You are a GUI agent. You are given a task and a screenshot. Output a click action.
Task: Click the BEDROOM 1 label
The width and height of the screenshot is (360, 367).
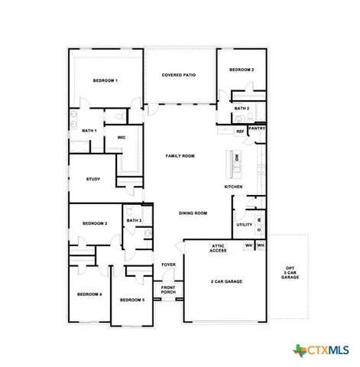105,80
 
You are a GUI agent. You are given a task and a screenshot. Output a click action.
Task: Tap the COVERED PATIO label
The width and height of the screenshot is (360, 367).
179,75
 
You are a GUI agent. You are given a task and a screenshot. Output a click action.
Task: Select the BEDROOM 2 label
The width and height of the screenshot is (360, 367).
242,70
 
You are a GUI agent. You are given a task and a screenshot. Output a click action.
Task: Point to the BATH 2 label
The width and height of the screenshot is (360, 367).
242,109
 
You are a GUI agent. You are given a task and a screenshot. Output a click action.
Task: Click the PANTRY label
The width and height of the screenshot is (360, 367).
257,128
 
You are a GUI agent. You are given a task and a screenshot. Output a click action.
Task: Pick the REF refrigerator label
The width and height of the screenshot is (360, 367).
240,132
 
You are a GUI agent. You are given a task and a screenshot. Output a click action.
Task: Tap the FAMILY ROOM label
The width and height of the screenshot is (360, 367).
180,155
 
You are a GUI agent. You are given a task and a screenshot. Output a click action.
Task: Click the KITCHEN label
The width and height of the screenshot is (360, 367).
233,187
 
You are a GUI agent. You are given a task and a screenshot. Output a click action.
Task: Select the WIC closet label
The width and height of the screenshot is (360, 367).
121,138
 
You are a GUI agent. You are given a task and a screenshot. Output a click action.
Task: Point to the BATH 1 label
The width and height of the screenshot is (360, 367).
89,131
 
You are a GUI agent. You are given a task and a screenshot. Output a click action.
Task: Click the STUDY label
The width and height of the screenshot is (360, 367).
93,179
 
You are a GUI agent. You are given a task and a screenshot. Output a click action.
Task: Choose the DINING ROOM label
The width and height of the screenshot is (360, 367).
193,213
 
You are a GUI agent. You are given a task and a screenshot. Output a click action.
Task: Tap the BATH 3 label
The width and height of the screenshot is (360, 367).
134,220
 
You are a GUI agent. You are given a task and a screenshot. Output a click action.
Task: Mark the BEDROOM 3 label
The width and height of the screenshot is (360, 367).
95,223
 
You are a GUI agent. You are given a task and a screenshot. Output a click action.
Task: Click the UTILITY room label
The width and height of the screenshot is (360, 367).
244,225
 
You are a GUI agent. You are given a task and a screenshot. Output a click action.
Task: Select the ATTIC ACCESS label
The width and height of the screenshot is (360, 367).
219,248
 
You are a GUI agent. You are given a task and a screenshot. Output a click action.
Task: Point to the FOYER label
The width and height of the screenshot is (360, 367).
168,265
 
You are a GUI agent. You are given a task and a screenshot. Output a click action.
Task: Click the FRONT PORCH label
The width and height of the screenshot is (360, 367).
168,290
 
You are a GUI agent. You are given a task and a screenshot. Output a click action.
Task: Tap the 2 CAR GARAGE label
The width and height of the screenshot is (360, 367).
226,281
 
